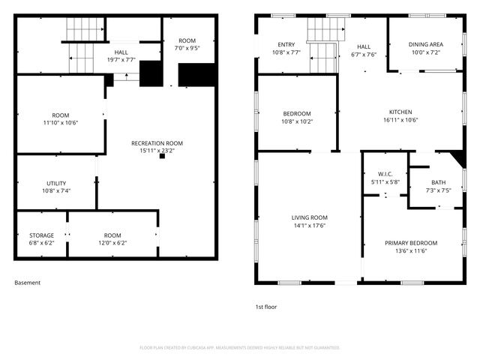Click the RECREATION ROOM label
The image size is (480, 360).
(157, 142)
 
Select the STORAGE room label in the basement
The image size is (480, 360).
(41, 235)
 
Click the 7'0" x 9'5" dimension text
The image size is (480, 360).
(187, 47)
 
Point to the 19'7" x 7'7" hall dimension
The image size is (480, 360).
(121, 58)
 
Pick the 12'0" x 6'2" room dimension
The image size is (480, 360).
(112, 243)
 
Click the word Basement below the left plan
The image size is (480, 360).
(27, 283)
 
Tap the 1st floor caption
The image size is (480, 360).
(267, 307)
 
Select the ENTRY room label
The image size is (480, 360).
(286, 45)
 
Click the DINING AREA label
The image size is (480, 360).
(425, 45)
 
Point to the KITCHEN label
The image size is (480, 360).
(400, 112)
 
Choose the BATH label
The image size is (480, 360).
(438, 182)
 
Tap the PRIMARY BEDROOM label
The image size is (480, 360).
(411, 243)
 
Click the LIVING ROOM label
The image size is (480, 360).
(310, 217)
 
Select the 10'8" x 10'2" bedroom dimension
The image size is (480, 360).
(297, 121)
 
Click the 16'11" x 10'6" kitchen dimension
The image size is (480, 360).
(400, 120)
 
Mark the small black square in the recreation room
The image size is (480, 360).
(161, 157)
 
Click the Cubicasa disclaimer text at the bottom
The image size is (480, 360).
(240, 347)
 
